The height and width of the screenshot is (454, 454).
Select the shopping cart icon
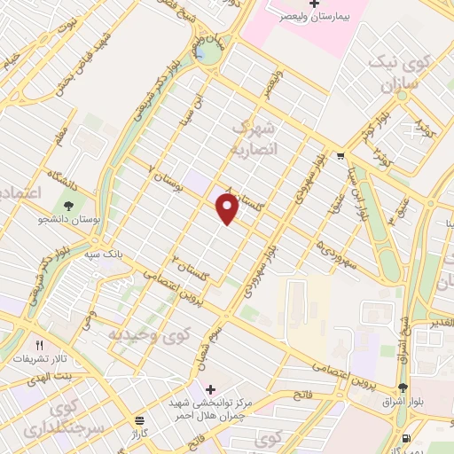(x=341, y=157)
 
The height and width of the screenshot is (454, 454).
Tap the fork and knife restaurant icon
(x=39, y=344)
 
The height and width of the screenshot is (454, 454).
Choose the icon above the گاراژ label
(x=137, y=420)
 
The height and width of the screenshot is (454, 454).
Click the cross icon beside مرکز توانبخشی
(x=210, y=389)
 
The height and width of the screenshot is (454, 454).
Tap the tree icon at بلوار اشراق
(x=403, y=387)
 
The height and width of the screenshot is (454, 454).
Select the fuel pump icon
(x=406, y=438)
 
